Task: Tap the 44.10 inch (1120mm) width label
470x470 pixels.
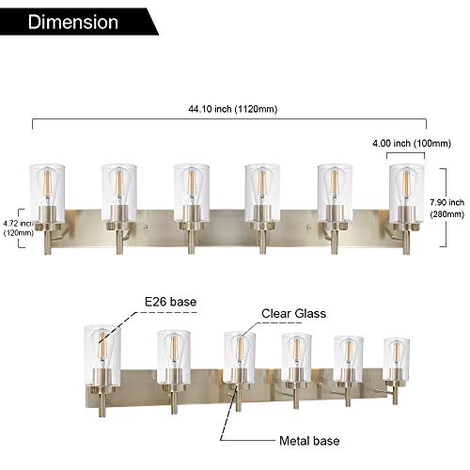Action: (x=229, y=109)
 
